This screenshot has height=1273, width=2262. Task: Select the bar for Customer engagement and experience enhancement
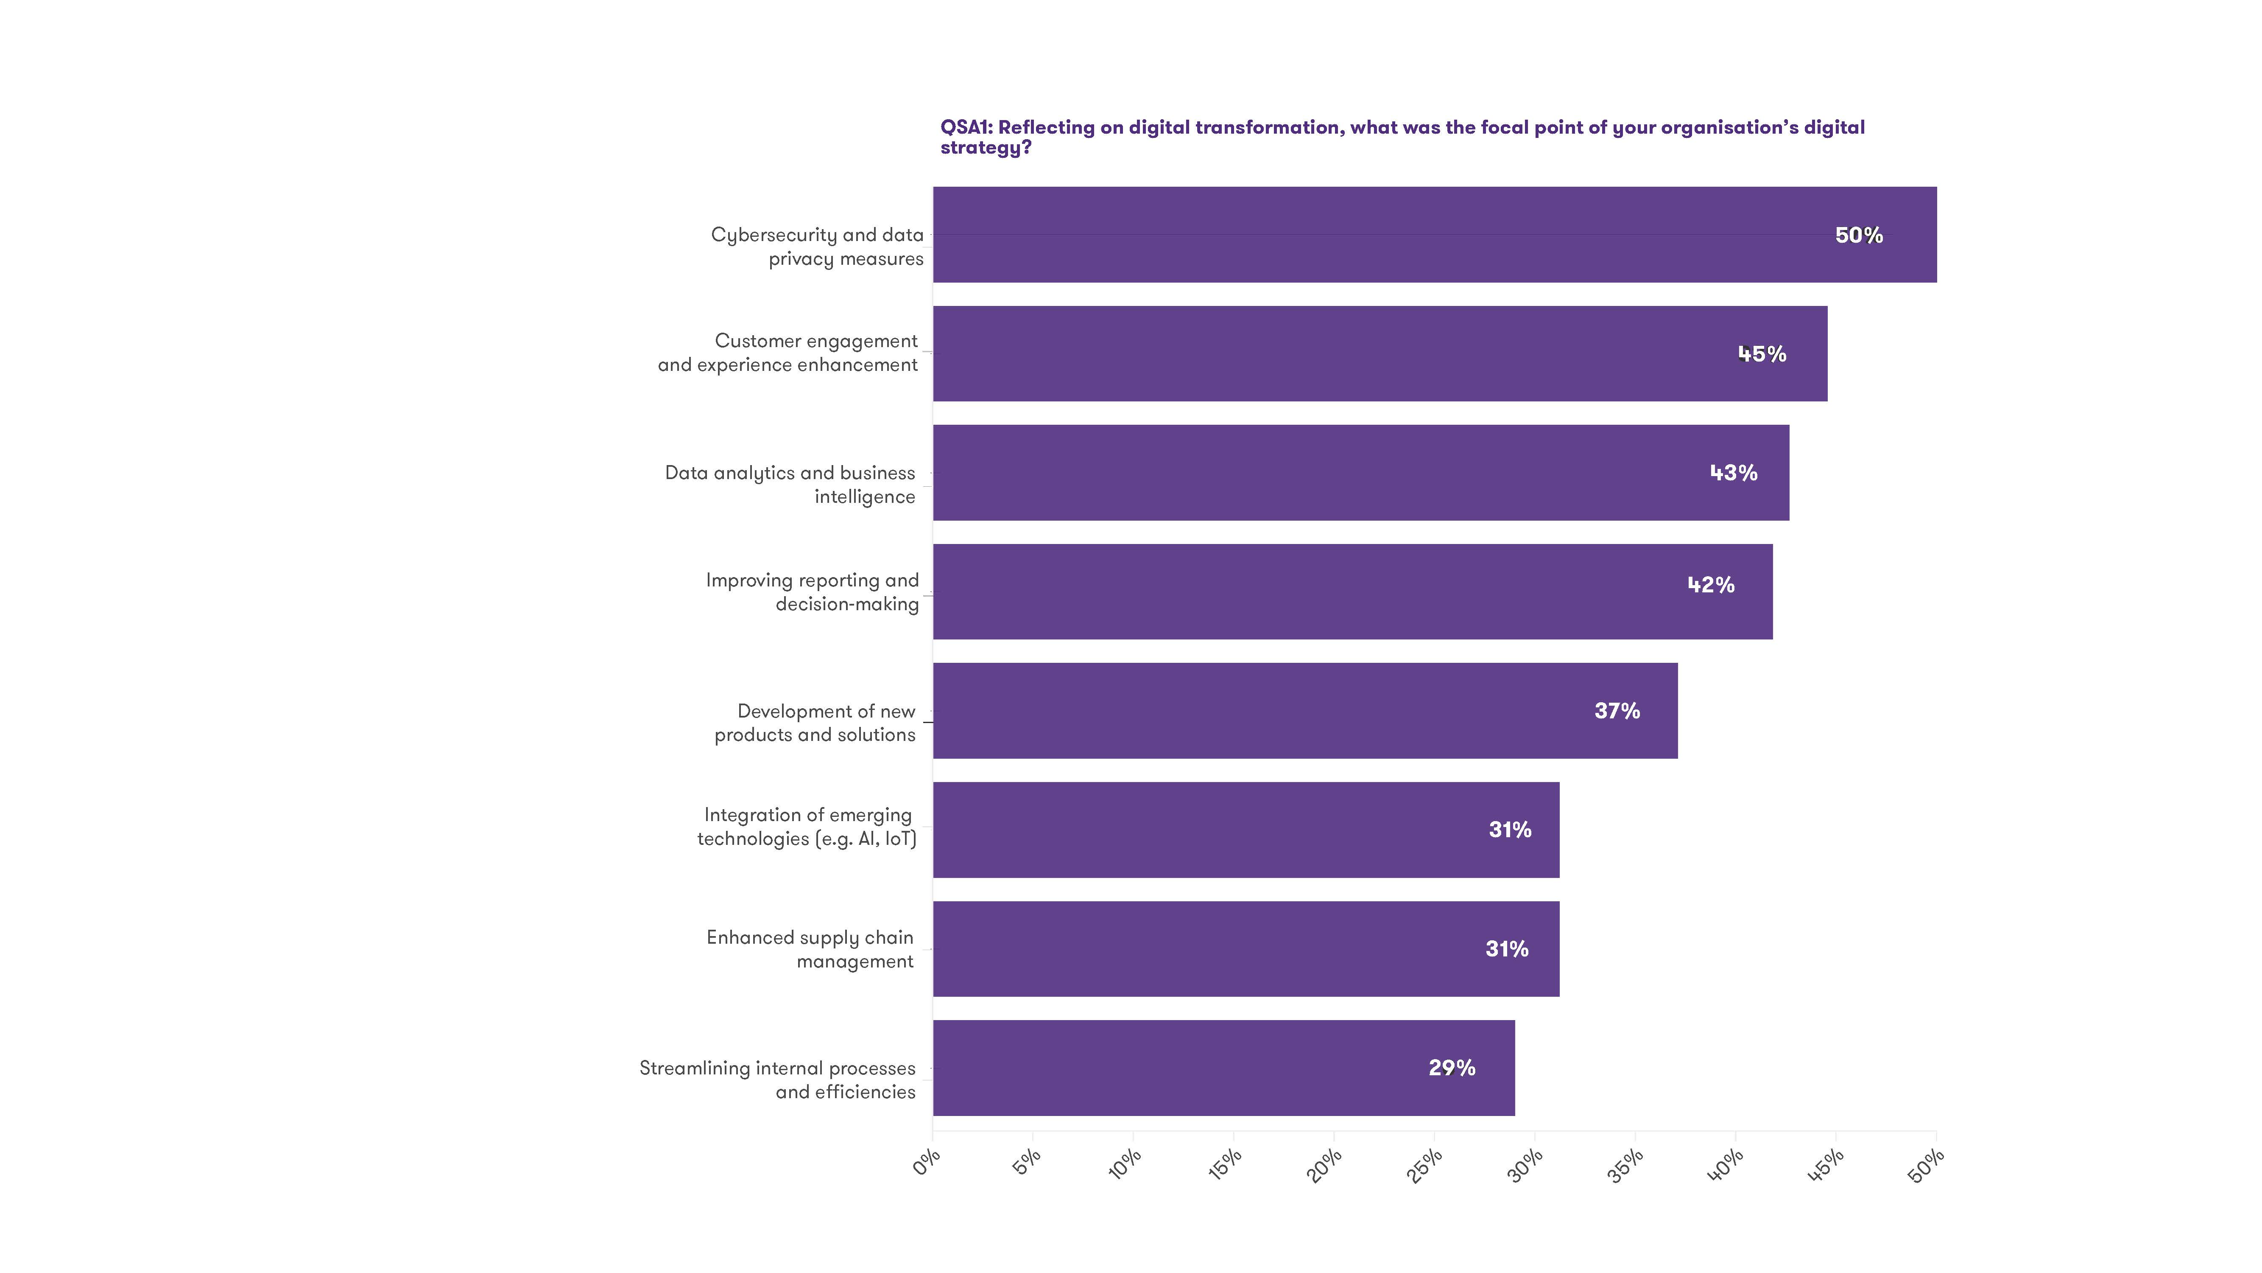point(1379,354)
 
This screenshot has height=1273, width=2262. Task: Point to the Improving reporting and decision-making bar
point(1352,591)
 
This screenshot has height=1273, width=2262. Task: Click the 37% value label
point(1617,711)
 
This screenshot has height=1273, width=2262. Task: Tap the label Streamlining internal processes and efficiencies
point(777,1080)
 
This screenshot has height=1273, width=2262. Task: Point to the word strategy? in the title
point(985,148)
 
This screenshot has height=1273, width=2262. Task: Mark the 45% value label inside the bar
point(1762,354)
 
